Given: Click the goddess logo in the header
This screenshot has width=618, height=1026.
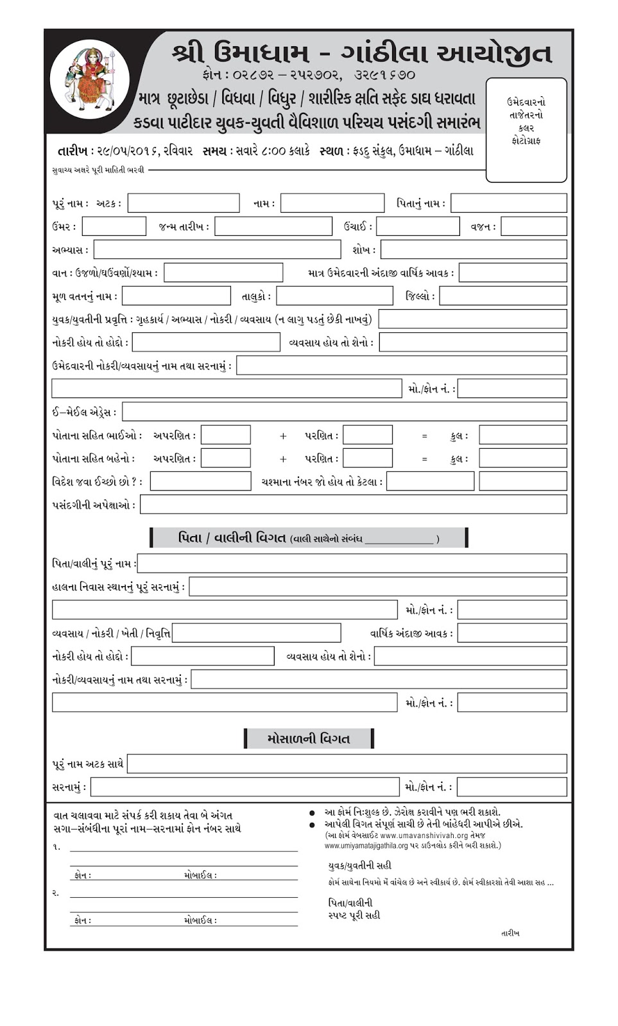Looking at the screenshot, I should pyautogui.click(x=90, y=80).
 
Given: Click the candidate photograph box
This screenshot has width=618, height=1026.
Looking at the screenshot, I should pyautogui.click(x=526, y=130).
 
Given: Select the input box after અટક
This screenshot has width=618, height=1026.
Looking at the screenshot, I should pyautogui.click(x=184, y=203).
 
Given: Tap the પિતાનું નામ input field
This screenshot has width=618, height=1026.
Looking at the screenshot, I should pyautogui.click(x=508, y=203).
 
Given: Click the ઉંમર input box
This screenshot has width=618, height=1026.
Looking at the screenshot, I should pyautogui.click(x=114, y=226).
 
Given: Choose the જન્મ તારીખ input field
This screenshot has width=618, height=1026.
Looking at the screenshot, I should pyautogui.click(x=273, y=226).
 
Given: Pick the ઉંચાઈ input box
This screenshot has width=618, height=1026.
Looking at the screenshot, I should pyautogui.click(x=418, y=226).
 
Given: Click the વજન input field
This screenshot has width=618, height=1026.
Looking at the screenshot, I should pyautogui.click(x=533, y=226).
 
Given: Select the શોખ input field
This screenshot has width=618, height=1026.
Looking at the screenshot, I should pyautogui.click(x=474, y=249).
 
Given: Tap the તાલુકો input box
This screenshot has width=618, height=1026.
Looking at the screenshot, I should pyautogui.click(x=334, y=296).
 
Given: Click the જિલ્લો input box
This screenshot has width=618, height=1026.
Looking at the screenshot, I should pyautogui.click(x=502, y=296).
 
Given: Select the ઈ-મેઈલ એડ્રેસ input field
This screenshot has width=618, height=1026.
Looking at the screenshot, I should pyautogui.click(x=345, y=412).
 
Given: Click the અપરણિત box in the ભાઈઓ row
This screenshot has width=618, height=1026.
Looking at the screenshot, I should pyautogui.click(x=226, y=435).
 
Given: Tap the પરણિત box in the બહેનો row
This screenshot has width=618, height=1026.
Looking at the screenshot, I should pyautogui.click(x=367, y=458).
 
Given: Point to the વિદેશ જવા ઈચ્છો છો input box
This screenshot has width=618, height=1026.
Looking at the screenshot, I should pyautogui.click(x=200, y=481).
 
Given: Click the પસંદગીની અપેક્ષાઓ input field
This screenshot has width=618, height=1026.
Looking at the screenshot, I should pyautogui.click(x=353, y=504).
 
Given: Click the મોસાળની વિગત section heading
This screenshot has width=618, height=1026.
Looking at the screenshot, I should pyautogui.click(x=309, y=739).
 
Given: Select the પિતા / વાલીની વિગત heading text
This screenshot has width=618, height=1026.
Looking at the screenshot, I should pyautogui.click(x=232, y=538).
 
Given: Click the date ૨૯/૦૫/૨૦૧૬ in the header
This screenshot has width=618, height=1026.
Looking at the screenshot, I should pyautogui.click(x=128, y=151).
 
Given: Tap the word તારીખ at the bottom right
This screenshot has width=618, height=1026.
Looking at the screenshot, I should pyautogui.click(x=510, y=933).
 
